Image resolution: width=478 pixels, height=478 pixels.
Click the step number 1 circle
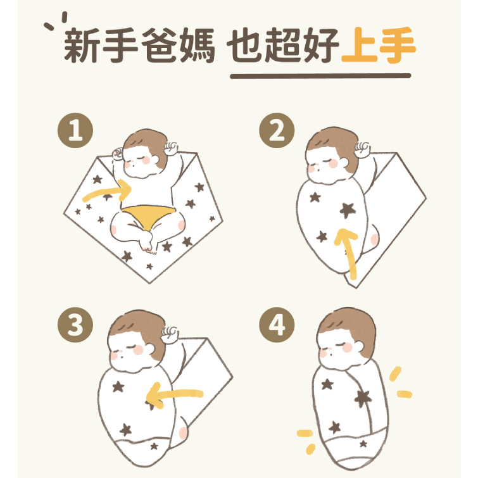(75, 130)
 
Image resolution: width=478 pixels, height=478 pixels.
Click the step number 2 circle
(277, 130)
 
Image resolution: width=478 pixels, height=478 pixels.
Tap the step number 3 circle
(75, 325)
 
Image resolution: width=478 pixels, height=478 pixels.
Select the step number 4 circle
(277, 325)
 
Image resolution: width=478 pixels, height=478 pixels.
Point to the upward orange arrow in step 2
(348, 253)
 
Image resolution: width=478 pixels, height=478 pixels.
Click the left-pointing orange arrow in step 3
(173, 394)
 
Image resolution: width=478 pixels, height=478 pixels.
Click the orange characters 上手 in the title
(379, 45)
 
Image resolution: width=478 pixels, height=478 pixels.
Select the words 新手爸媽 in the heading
(139, 45)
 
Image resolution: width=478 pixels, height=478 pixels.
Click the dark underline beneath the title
(320, 75)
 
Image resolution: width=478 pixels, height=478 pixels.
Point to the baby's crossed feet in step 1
(148, 242)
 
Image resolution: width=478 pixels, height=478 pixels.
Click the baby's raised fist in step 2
(363, 149)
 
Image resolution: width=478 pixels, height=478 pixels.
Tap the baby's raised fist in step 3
(170, 334)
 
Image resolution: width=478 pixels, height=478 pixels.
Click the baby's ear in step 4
(359, 346)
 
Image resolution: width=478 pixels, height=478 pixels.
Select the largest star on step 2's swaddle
(348, 210)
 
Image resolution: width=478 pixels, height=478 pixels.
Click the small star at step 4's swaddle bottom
(363, 444)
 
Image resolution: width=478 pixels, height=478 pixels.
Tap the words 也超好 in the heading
(282, 45)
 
